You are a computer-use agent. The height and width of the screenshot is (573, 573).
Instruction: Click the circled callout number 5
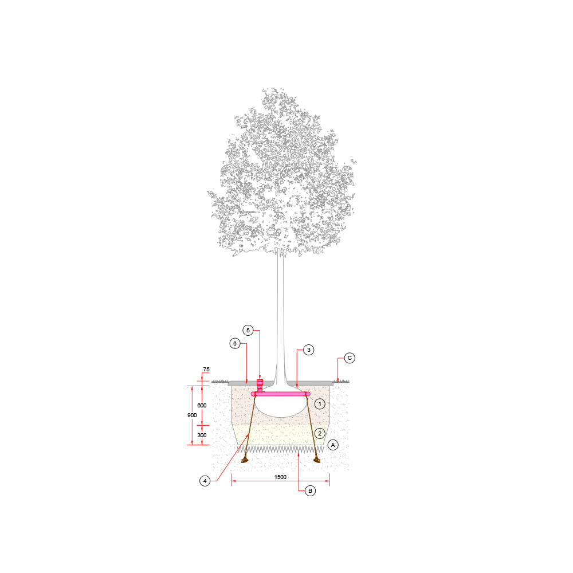click(248, 331)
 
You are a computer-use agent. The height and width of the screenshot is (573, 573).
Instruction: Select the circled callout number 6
click(235, 343)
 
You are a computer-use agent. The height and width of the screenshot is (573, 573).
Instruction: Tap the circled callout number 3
click(309, 350)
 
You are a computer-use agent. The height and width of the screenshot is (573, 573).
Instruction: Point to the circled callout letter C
click(350, 358)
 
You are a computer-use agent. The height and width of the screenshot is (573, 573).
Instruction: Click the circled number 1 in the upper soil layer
click(320, 404)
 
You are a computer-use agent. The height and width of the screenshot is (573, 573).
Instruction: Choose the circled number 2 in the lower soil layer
click(320, 433)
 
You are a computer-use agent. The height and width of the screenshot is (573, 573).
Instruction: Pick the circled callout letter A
click(333, 445)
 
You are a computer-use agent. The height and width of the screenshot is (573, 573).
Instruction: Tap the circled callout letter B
click(310, 491)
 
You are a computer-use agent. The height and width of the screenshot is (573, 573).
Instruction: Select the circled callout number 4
click(205, 481)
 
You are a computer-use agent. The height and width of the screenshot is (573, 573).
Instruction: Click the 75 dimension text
click(206, 370)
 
